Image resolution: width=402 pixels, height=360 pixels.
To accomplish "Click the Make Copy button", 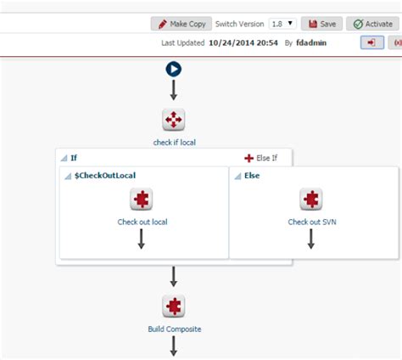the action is [x=181, y=24].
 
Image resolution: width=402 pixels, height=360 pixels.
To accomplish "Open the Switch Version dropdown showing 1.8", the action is [x=282, y=24].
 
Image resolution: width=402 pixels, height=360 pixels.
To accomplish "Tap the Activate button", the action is [x=372, y=24].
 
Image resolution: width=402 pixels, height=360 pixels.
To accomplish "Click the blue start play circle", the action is [x=174, y=69].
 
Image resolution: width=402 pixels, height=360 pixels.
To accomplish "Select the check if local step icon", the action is [x=174, y=120].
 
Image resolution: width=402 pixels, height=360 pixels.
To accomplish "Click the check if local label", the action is [x=175, y=143].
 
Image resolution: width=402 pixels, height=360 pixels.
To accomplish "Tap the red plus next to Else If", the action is [x=248, y=158].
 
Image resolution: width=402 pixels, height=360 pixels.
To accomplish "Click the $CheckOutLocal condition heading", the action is [x=105, y=176].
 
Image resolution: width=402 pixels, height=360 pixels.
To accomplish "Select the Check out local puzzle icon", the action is [x=142, y=199].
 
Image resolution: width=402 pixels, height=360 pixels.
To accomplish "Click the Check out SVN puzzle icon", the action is [x=311, y=199].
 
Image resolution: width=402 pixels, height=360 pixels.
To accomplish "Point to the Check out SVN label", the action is [x=312, y=222].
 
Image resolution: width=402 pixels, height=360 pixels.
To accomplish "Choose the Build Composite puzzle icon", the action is [x=174, y=307].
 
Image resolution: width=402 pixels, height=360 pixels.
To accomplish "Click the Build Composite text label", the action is [x=175, y=329].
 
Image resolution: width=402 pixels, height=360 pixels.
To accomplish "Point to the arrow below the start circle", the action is [x=174, y=90].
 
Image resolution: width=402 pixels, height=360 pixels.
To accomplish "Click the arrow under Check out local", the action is [x=142, y=239].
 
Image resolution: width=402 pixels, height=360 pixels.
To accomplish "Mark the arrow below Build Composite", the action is [x=174, y=346].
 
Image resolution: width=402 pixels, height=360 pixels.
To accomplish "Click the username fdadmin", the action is [x=311, y=42].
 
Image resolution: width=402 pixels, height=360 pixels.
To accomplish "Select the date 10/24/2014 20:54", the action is [x=243, y=42].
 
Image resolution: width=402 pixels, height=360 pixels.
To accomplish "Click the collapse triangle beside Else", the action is [x=238, y=177].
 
